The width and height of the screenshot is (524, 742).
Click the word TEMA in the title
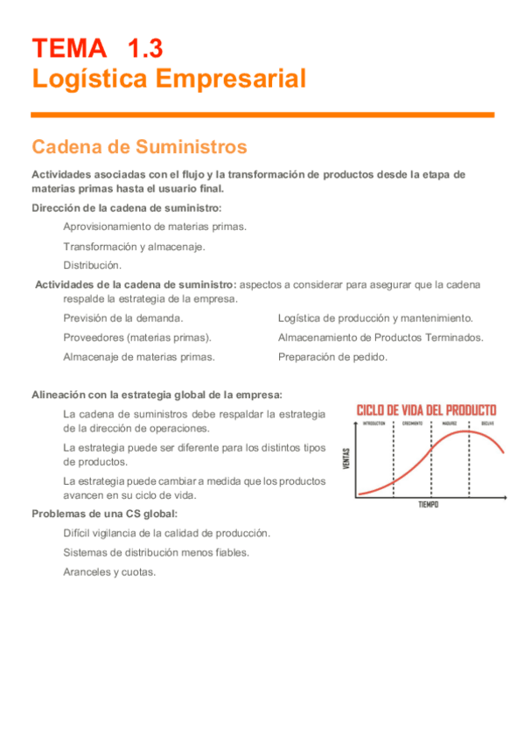click(66, 47)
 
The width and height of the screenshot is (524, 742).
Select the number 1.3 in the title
click(144, 47)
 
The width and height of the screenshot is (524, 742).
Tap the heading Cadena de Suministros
click(139, 146)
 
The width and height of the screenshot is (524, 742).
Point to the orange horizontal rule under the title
click(262, 115)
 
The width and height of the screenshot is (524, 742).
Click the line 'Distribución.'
click(93, 265)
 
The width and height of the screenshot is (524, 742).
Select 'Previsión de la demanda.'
click(123, 318)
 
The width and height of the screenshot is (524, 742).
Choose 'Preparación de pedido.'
click(333, 357)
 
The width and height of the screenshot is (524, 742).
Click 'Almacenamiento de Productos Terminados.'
click(381, 338)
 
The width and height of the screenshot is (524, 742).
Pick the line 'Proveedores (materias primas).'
click(136, 338)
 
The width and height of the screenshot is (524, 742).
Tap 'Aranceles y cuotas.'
click(109, 571)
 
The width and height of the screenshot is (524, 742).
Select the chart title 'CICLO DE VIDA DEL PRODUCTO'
click(426, 409)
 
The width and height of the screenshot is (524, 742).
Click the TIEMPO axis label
click(429, 505)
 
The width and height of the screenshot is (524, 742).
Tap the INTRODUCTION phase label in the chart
click(374, 423)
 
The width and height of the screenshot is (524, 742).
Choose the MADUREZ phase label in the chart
click(451, 423)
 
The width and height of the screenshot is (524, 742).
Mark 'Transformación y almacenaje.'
click(135, 246)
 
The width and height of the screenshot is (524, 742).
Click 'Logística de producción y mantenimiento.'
click(375, 318)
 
